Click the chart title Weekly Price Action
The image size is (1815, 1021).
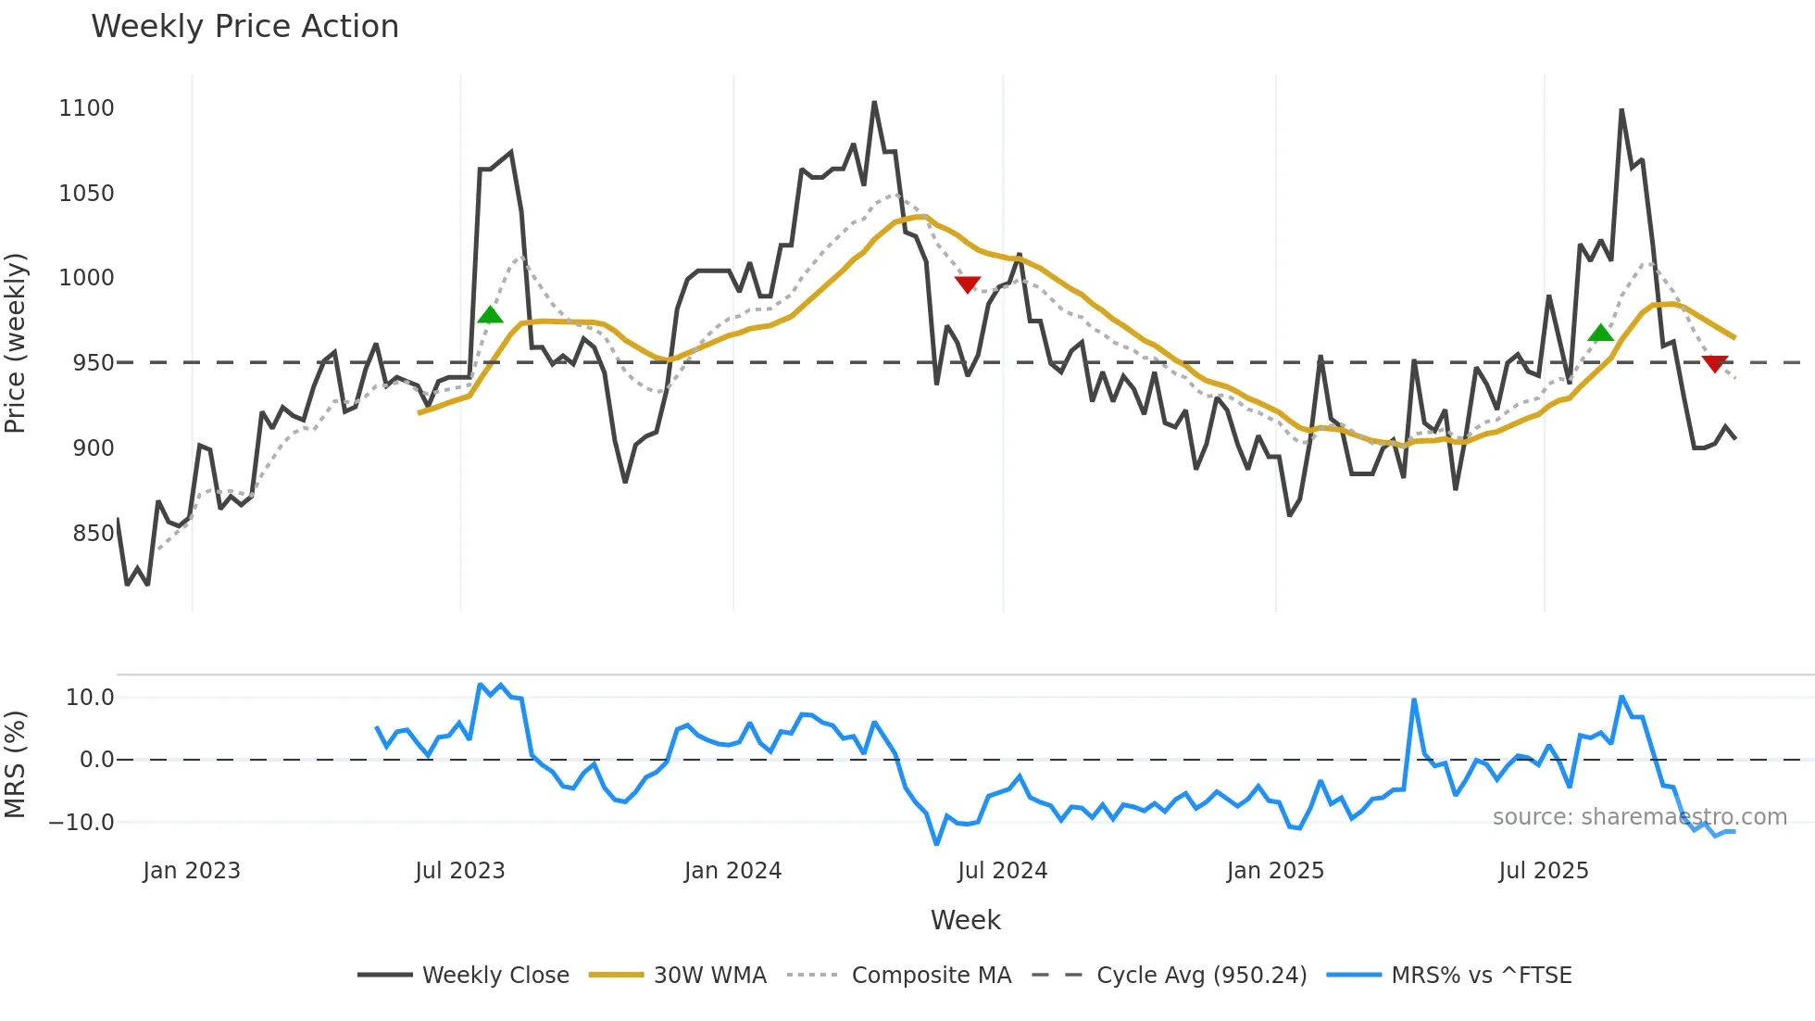coord(244,26)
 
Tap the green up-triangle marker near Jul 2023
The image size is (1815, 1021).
coord(490,315)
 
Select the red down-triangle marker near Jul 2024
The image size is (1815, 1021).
coord(967,284)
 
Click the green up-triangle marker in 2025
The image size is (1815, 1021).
coord(1600,334)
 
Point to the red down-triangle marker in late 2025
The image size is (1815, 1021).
coord(1714,364)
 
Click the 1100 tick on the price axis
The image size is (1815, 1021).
coord(86,108)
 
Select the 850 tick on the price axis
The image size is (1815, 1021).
coord(93,534)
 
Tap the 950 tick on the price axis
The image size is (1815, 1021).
coord(93,363)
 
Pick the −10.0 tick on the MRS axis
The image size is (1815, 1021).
coord(81,823)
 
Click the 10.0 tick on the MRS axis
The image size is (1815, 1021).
coord(89,698)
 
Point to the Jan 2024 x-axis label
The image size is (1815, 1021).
coord(732,871)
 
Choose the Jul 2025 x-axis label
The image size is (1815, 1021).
coord(1543,871)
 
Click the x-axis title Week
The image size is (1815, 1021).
coord(965,920)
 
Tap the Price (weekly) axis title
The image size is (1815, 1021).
coord(16,343)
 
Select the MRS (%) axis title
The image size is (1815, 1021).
coord(16,764)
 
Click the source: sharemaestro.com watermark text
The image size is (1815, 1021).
coord(1639,817)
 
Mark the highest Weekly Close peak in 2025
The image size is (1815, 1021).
coord(1621,110)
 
